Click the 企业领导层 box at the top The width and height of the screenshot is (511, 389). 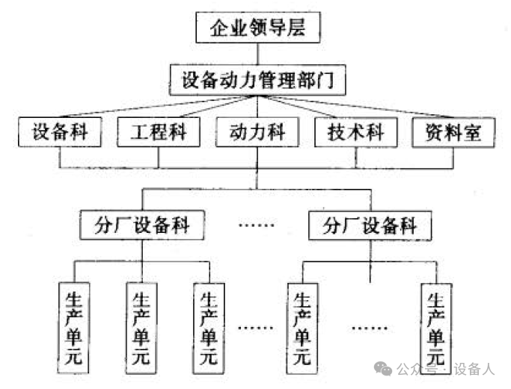pyautogui.click(x=258, y=29)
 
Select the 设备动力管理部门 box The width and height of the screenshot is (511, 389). pyautogui.click(x=258, y=80)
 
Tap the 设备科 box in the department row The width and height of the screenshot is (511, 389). pyautogui.click(x=61, y=134)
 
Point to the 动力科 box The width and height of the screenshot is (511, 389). pyautogui.click(x=257, y=134)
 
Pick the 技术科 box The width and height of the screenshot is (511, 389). pyautogui.click(x=355, y=134)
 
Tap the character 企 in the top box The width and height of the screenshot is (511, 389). pyautogui.click(x=218, y=30)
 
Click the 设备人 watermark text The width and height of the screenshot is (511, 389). pyautogui.click(x=475, y=369)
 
